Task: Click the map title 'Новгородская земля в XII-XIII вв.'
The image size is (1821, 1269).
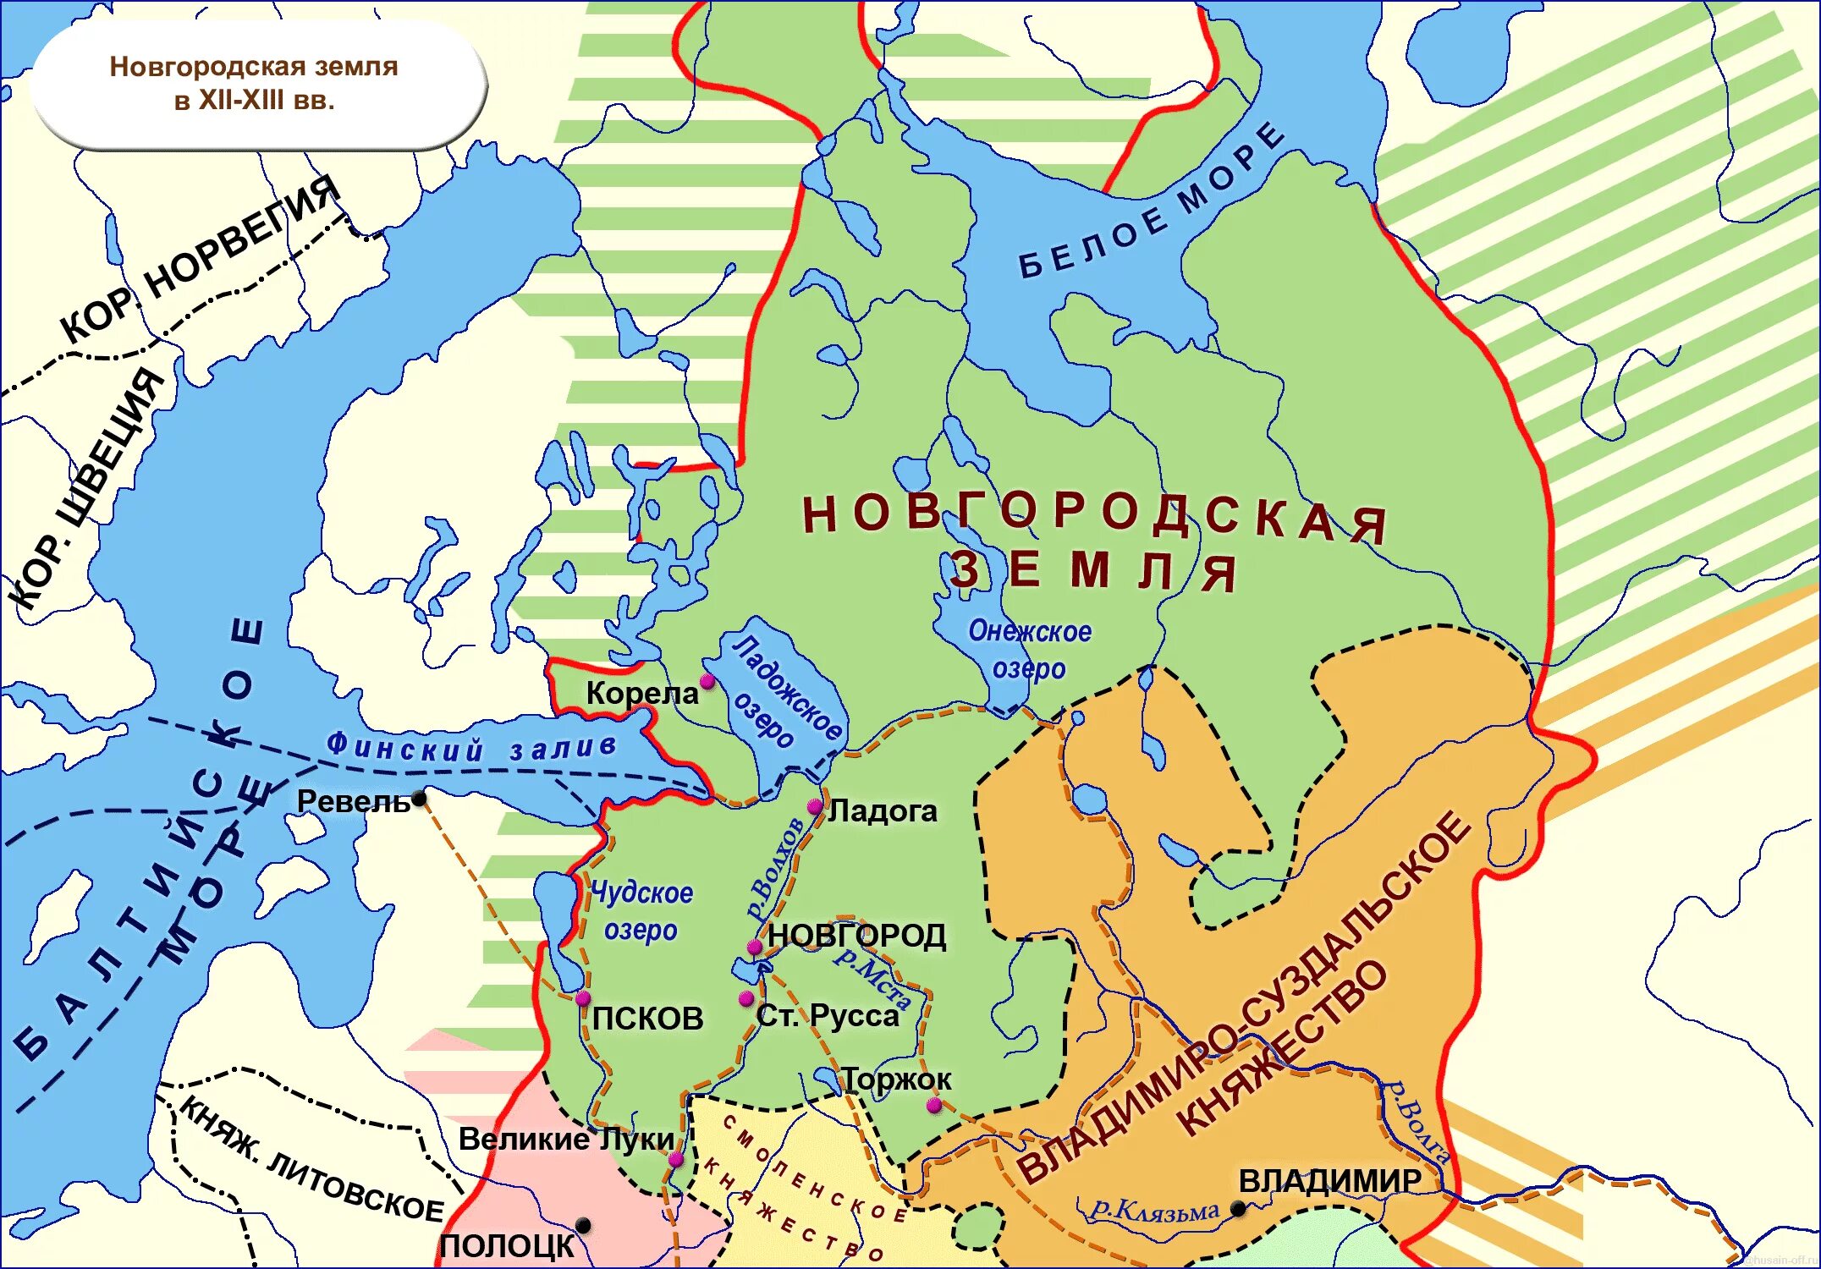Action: (254, 83)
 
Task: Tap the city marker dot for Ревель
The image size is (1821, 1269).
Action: (419, 799)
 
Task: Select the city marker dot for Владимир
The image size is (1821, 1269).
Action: (1238, 1208)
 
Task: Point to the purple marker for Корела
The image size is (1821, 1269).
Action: (707, 681)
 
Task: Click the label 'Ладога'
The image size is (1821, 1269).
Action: (883, 811)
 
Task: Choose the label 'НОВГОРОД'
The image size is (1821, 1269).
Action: (856, 936)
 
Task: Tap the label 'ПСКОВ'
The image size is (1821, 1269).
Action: (647, 1019)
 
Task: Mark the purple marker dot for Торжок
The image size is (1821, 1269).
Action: (934, 1105)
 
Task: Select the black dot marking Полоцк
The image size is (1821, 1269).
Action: (583, 1224)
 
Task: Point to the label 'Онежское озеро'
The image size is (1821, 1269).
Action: (1030, 650)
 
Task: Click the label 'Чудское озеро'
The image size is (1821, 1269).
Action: (641, 910)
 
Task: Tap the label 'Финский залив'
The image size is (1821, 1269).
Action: (471, 748)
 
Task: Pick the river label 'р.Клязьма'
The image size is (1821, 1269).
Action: (1155, 1210)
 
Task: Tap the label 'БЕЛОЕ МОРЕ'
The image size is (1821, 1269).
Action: (1151, 203)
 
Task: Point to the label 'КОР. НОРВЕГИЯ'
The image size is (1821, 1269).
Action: (199, 258)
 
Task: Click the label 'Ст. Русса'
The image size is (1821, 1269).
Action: (828, 1015)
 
